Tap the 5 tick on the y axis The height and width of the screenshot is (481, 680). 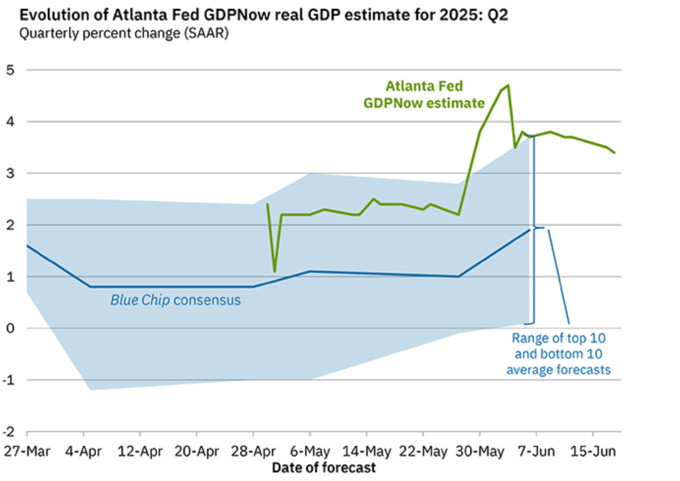[10, 70]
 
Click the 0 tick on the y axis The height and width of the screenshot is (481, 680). [10, 328]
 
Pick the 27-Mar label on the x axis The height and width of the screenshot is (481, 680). [26, 450]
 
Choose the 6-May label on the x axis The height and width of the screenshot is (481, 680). [310, 450]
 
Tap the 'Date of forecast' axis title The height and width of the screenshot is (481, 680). [324, 467]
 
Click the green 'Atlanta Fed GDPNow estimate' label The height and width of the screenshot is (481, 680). [424, 94]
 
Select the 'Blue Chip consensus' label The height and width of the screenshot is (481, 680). [175, 300]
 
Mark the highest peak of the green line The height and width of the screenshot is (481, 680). [508, 85]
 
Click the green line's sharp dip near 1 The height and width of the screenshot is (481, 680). [275, 271]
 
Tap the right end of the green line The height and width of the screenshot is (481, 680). [615, 153]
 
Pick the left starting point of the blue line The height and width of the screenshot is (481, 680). [27, 246]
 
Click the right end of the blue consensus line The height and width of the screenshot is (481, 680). [530, 230]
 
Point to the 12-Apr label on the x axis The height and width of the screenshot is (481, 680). [139, 450]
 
